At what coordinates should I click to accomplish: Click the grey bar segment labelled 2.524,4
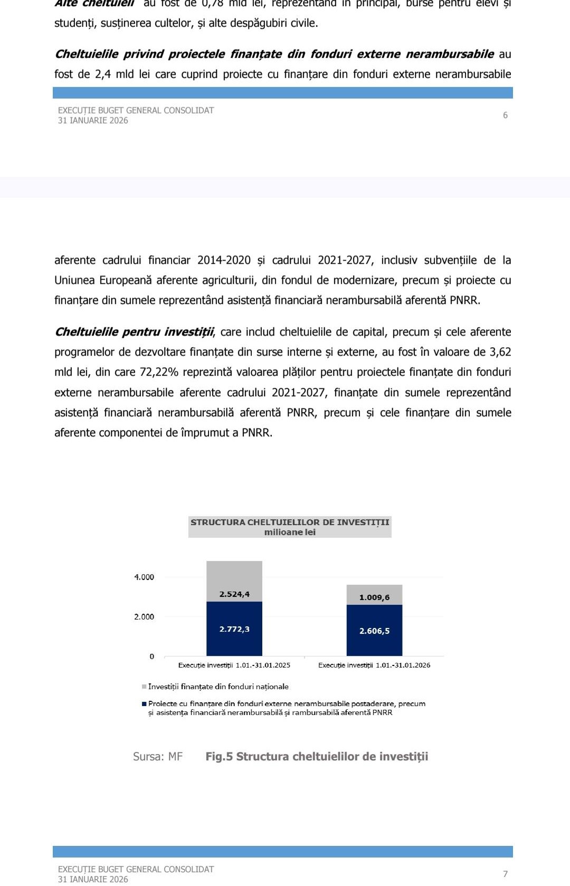tap(234, 581)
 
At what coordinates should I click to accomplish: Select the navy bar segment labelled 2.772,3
tap(234, 628)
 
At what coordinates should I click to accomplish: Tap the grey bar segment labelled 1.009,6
tap(374, 595)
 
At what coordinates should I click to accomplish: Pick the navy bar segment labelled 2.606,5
tap(374, 630)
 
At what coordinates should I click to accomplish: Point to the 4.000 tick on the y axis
tap(144, 577)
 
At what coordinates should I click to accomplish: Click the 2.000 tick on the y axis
tap(144, 616)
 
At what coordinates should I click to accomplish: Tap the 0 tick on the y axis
tap(151, 656)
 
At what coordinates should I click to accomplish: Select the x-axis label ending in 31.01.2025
tap(234, 665)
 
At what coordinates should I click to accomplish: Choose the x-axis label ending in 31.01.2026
tap(374, 665)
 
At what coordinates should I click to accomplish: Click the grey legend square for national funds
tap(144, 687)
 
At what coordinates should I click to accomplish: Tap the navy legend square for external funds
tap(144, 704)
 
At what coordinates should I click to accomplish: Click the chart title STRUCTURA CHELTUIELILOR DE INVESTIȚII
tap(290, 522)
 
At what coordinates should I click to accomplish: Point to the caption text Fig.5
tap(219, 757)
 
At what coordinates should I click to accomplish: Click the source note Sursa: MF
tap(158, 757)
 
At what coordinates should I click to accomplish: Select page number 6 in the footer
tap(505, 115)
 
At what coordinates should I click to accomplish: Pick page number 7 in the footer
tap(505, 874)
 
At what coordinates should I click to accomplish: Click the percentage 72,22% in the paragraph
tap(159, 372)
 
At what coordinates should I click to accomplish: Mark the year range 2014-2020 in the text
tap(224, 260)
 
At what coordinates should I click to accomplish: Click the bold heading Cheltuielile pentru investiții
tap(135, 332)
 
